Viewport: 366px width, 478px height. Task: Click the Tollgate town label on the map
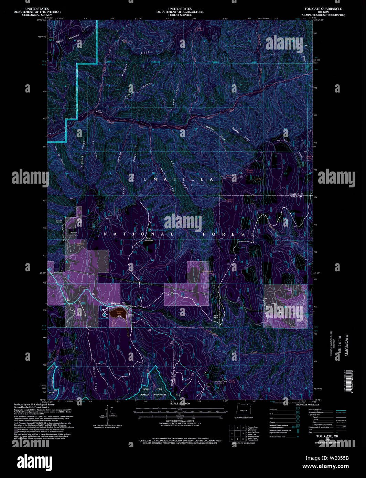coord(115,304)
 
